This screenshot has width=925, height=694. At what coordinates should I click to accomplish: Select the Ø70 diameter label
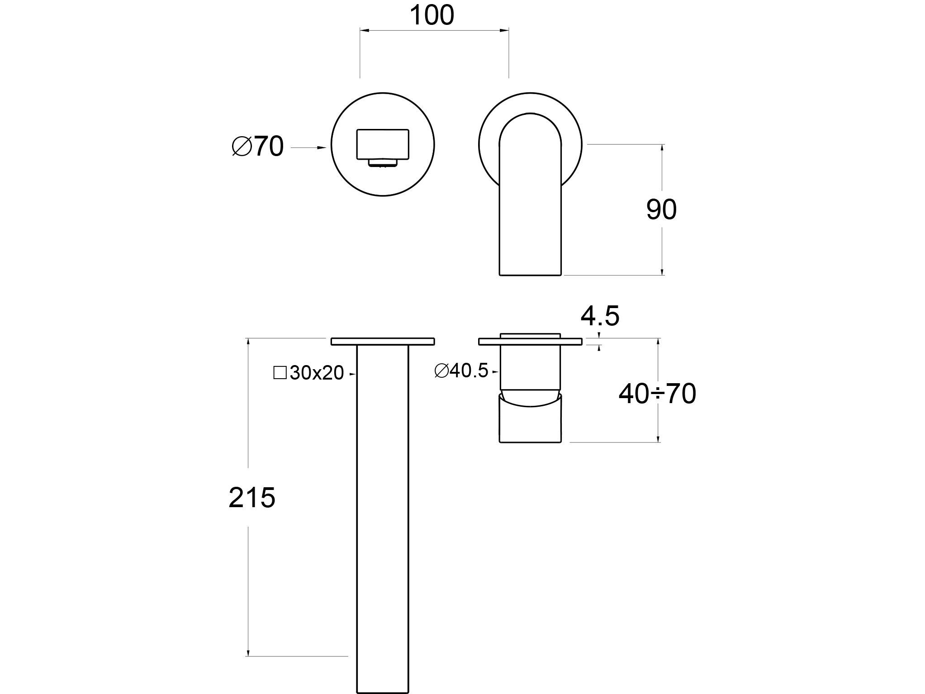(x=257, y=146)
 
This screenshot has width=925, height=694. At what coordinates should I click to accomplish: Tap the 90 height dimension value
(x=661, y=209)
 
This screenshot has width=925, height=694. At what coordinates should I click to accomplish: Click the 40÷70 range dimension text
(x=657, y=394)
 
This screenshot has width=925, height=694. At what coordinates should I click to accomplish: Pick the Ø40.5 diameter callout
(x=461, y=371)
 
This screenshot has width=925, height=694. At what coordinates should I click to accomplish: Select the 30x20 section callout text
(x=317, y=373)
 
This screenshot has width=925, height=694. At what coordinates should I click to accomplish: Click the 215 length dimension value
(x=252, y=498)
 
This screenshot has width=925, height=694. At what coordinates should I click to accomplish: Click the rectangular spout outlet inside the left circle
(x=383, y=144)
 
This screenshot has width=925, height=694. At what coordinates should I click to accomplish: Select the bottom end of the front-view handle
(x=530, y=274)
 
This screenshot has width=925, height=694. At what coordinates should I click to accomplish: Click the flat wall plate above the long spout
(x=383, y=342)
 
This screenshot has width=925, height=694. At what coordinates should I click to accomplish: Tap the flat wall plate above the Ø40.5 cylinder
(x=530, y=342)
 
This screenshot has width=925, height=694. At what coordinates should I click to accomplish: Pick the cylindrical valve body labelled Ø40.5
(x=530, y=367)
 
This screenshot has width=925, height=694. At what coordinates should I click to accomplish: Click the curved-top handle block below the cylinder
(x=530, y=418)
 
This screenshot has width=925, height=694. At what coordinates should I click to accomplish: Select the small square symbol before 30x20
(x=280, y=373)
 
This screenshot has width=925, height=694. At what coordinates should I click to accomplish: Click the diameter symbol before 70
(x=242, y=146)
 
